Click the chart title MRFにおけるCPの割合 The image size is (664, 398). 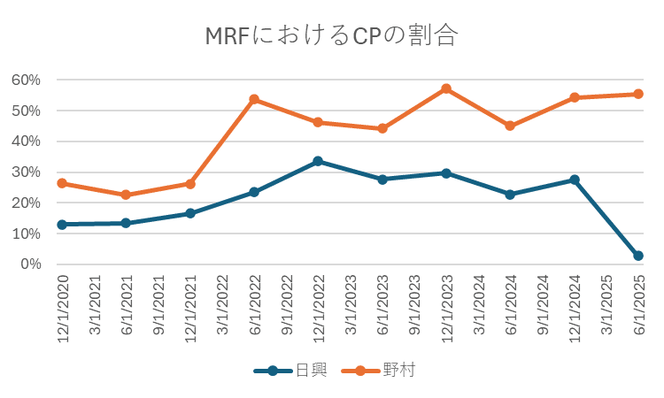331,36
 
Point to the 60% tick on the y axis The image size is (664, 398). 27,80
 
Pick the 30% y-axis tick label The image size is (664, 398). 27,172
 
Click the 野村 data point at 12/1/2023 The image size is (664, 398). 446,88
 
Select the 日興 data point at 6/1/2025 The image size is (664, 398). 638,256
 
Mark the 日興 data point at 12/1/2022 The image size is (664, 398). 318,161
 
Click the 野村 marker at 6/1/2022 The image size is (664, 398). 254,99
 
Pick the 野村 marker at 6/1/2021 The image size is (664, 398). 126,195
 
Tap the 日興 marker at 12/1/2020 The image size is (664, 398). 62,225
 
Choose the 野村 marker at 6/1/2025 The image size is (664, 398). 638,94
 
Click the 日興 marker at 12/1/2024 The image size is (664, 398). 575,180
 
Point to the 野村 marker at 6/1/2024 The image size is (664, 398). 510,126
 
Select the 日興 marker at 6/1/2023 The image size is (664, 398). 382,179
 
